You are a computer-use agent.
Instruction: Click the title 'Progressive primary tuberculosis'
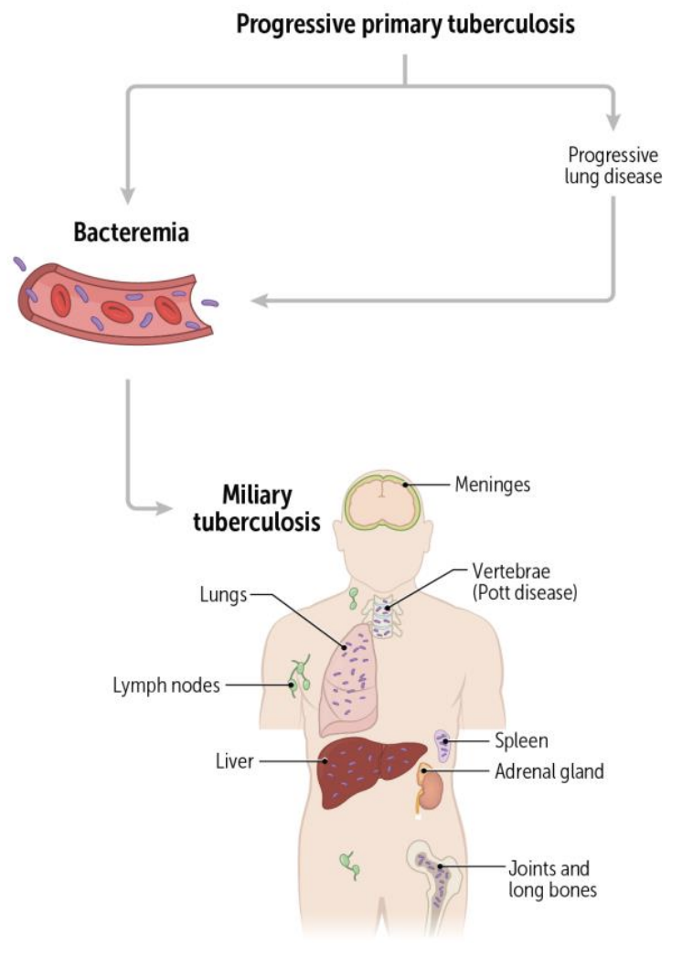pyautogui.click(x=405, y=23)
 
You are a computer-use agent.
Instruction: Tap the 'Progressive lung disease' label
pyautogui.click(x=612, y=165)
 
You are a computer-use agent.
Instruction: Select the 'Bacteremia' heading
pyautogui.click(x=131, y=232)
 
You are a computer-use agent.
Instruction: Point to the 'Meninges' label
pyautogui.click(x=492, y=484)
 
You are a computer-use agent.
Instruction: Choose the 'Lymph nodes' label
pyautogui.click(x=166, y=685)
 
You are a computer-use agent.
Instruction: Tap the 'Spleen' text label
pyautogui.click(x=521, y=740)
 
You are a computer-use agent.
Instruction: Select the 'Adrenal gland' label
pyautogui.click(x=549, y=771)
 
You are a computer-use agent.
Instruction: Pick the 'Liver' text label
pyautogui.click(x=234, y=760)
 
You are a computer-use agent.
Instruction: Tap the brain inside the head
pyautogui.click(x=380, y=500)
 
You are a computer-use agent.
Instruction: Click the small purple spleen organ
pyautogui.click(x=442, y=744)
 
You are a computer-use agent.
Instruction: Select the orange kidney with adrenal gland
pyautogui.click(x=430, y=786)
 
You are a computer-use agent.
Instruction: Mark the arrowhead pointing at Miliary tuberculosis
pyautogui.click(x=165, y=507)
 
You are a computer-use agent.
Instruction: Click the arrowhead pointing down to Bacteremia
pyautogui.click(x=128, y=196)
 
